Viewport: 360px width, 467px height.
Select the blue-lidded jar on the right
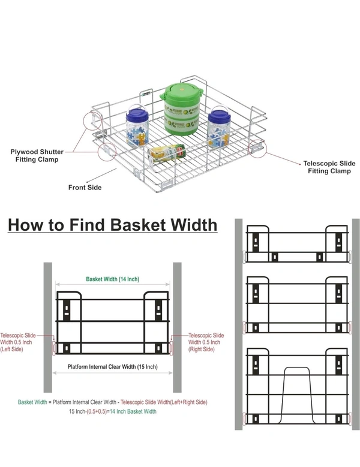[x=218, y=126]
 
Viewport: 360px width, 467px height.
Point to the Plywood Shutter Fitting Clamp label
[x=37, y=156]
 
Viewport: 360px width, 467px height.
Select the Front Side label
[x=85, y=188]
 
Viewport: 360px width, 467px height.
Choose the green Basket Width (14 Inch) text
[x=113, y=279]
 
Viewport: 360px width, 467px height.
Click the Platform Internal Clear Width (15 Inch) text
[x=113, y=366]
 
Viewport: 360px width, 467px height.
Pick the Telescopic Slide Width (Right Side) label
[x=206, y=342]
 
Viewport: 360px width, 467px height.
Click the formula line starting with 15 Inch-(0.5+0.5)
[x=113, y=411]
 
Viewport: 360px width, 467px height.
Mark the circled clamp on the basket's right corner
[x=257, y=147]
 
